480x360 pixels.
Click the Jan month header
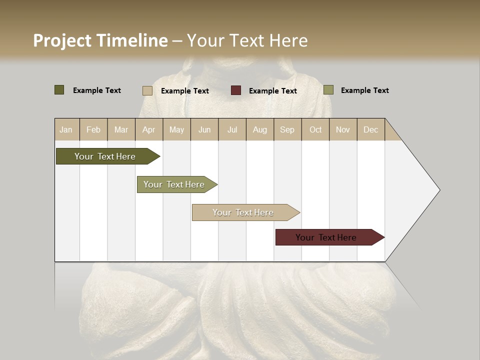[66, 129]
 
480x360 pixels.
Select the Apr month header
[148, 129]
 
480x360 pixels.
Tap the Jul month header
[232, 129]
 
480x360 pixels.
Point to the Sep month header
[287, 129]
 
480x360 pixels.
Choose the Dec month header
[370, 129]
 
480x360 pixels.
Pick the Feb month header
[93, 129]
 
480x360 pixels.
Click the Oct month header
[315, 129]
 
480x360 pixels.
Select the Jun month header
[204, 129]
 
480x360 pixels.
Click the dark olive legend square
[59, 90]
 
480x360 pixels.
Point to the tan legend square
[147, 90]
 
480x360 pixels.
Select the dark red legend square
[236, 90]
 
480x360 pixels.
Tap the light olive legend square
[328, 90]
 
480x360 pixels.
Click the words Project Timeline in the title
[100, 40]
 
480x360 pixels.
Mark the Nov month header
[343, 129]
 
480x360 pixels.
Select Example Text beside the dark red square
[272, 91]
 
